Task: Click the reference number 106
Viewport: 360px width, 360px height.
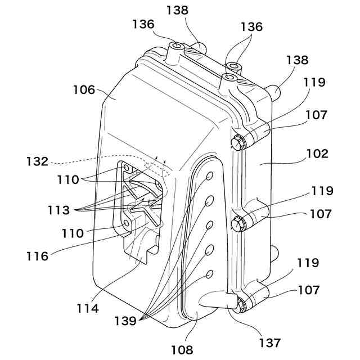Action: point(85,89)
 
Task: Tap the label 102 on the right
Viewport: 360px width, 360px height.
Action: point(317,153)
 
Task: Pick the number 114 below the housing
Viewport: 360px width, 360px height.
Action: point(88,309)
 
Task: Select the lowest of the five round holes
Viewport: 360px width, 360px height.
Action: point(209,274)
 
